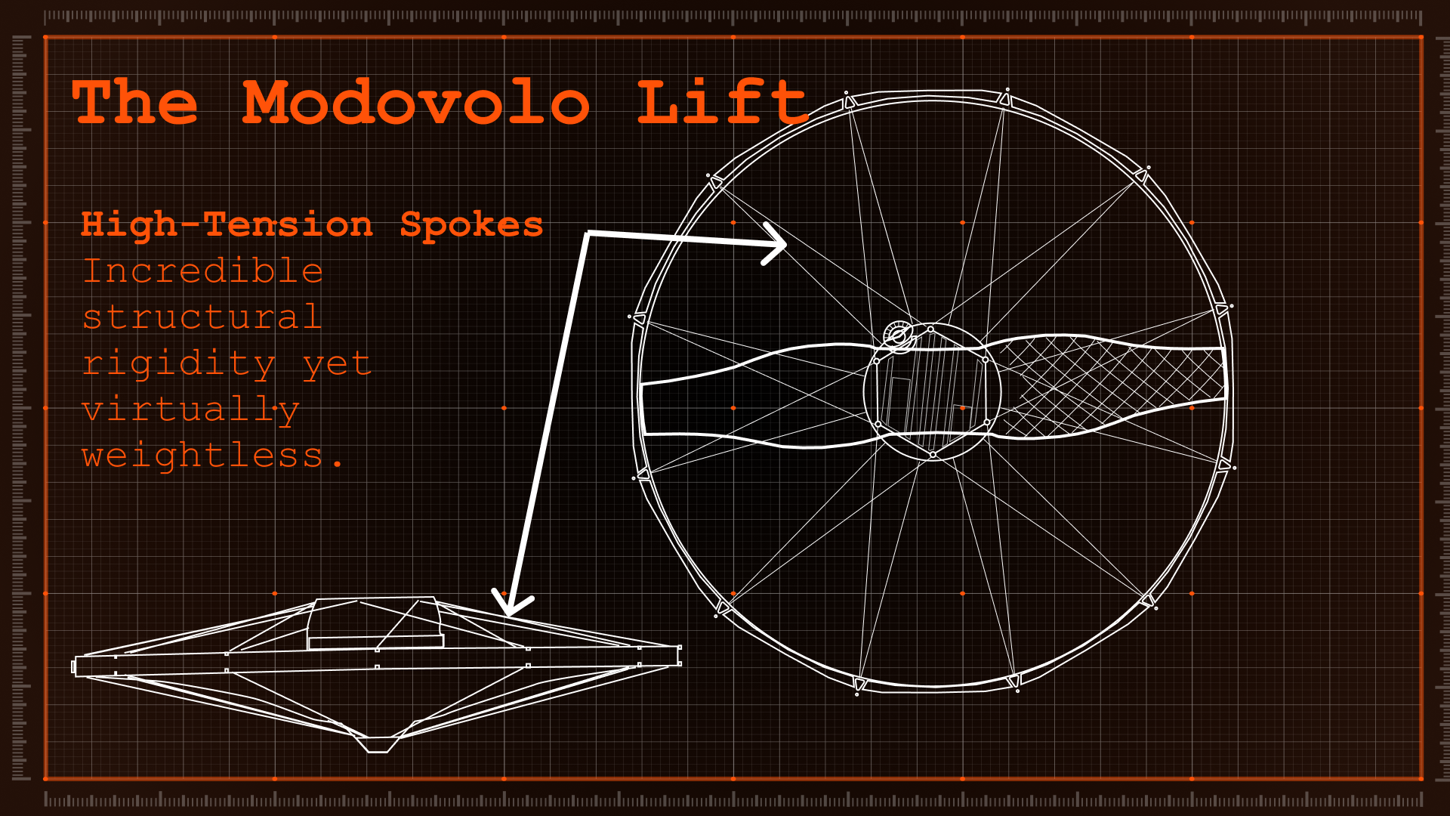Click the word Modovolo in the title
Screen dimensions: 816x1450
tap(415, 103)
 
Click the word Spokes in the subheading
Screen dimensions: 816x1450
tap(471, 225)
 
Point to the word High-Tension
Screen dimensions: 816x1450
tap(227, 225)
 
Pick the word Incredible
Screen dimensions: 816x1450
tap(202, 271)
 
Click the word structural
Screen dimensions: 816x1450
tap(202, 317)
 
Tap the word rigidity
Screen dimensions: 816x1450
tap(178, 363)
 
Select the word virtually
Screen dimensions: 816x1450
tap(190, 410)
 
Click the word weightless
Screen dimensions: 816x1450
tap(204, 456)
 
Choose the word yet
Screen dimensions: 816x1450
tap(337, 363)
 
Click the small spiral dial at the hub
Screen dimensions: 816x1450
tap(899, 335)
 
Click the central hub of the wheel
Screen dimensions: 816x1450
tap(932, 393)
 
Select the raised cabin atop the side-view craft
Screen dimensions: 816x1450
tap(375, 623)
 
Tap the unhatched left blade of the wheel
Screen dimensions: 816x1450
tap(755, 397)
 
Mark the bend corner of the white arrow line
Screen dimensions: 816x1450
tap(588, 233)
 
